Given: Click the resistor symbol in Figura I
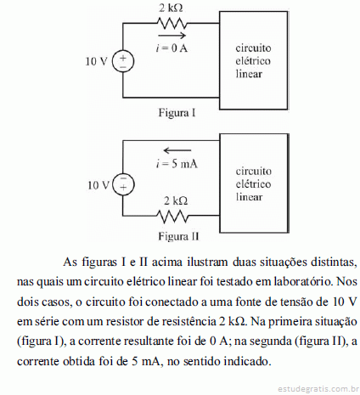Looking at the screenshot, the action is pos(172,23).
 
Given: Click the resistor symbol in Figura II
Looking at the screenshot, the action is pos(172,216).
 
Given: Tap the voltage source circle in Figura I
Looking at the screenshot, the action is pos(123,62).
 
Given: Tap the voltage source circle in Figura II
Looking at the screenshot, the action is pos(123,184).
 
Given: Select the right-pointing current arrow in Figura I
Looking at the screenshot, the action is pos(172,36).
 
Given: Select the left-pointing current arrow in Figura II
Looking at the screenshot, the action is pos(177,150).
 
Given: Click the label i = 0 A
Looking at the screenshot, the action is pos(172,48).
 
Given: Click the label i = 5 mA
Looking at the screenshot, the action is pos(177,164).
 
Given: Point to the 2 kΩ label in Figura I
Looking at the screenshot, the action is pos(171,8).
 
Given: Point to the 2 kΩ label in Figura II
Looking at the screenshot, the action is pos(176,200).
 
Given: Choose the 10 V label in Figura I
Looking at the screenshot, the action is pos(97,61).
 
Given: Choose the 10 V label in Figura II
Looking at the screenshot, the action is pos(98,185).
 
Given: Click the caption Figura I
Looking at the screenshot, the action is pos(177,113).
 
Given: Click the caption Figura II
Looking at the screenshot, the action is pos(178,236).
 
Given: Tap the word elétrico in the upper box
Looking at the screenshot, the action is pos(253,61).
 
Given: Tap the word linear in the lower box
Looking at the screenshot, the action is pos(249,196).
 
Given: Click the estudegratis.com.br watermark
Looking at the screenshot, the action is pos(317,388).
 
